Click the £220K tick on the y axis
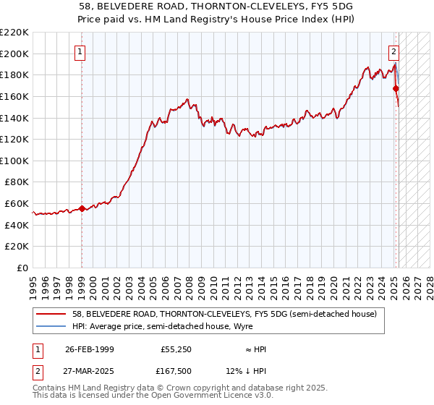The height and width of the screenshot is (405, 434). pos(14,33)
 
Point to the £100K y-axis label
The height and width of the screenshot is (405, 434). pos(14,161)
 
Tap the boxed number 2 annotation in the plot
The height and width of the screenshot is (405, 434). pos(393,51)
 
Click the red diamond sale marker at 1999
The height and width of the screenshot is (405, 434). pos(82,208)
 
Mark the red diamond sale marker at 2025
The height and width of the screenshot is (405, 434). pos(396,88)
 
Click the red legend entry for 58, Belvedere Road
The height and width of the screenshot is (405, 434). pos(224,314)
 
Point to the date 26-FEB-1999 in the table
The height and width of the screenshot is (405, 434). pos(90,349)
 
